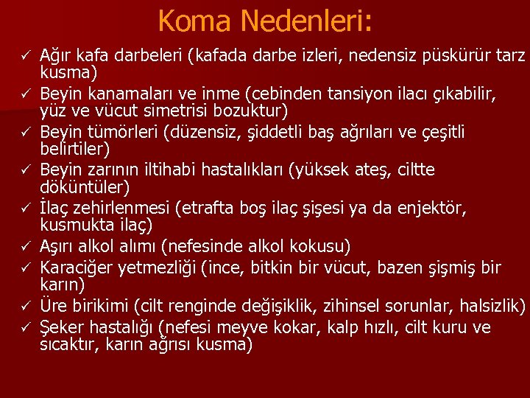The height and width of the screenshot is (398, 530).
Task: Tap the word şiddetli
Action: [x=269, y=132]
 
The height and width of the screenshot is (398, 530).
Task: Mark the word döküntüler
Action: [x=84, y=188]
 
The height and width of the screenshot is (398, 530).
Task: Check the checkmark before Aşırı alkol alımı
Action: [x=24, y=245]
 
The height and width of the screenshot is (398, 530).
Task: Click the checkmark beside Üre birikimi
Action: [x=24, y=304]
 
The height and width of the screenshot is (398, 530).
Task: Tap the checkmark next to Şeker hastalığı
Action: [x=24, y=327]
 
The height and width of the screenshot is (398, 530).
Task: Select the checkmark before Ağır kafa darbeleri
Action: [x=24, y=55]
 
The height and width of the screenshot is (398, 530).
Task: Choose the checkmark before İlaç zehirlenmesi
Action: [x=24, y=209]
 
